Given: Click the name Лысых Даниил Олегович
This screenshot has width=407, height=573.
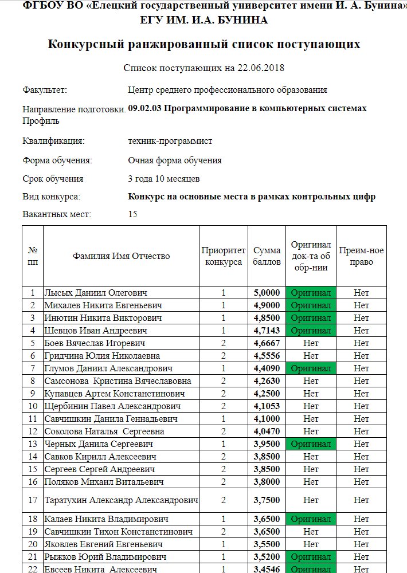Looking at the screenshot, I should coord(96,293).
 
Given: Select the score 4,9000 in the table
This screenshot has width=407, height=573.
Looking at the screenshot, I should coord(267,305).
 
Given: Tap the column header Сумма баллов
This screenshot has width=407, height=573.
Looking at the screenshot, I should coord(267,256).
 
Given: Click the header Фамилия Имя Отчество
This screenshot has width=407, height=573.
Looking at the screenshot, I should coord(121,256).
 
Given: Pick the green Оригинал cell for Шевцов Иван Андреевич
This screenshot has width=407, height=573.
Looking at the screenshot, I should coord(311,331).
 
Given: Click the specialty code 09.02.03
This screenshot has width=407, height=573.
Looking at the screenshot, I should coord(144,108).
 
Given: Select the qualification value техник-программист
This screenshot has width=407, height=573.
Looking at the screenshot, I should coord(170,141).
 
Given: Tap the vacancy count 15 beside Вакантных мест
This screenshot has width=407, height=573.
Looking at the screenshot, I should coord(133,215).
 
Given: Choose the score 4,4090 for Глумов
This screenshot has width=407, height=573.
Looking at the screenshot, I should coord(267,368).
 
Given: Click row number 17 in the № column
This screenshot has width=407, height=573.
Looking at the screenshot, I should coord(33,500).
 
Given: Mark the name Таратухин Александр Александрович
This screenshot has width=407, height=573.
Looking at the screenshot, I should coord(121,500).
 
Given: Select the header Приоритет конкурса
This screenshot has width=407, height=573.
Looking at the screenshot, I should coord(223,256).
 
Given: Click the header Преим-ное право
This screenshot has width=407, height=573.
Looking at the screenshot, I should coord(361,256).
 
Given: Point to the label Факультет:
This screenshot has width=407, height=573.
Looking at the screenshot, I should coord(45,90).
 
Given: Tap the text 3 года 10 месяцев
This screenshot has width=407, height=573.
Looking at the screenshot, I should coord(164,178).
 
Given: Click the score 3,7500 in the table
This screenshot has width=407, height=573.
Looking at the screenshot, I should coord(267,500).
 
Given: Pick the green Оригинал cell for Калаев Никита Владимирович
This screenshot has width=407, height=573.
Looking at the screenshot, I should coord(311,519).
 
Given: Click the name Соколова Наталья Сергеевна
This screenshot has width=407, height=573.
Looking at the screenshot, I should coord(104,431).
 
